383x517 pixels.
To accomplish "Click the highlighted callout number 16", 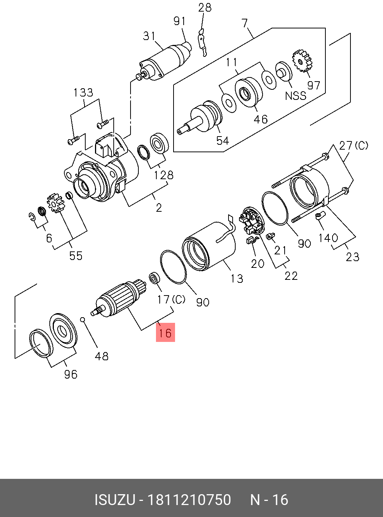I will point(165,333).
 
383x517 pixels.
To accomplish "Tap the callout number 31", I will point(149,36).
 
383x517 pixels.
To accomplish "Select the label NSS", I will point(295,96).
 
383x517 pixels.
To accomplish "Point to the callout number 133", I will point(83,92).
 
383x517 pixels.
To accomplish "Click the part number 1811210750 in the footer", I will point(189,500).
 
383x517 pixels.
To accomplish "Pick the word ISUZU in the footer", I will point(114,500).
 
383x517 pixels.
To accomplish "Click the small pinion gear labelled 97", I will point(302,61).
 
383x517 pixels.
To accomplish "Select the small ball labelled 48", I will point(83,319).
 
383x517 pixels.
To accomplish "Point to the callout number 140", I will point(328,238).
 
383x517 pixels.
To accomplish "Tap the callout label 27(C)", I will point(353,146).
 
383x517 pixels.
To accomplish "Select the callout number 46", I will point(261,119).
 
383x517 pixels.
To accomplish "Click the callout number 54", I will point(223,141).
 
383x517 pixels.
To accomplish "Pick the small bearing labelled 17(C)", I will point(154,278).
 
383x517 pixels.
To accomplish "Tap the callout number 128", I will point(164,175).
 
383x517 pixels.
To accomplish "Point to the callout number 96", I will point(70,374).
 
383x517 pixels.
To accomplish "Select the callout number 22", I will point(291,276).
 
